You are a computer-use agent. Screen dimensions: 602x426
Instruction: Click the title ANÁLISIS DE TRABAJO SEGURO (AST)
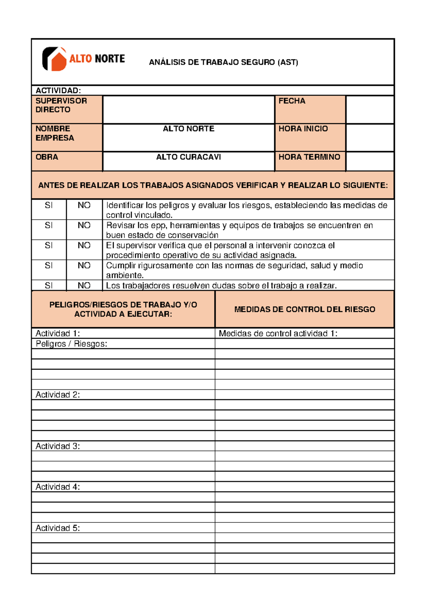(223, 62)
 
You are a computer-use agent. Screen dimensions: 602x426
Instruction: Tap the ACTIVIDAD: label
(58, 91)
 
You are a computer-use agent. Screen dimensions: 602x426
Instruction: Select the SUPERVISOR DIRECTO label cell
(67, 109)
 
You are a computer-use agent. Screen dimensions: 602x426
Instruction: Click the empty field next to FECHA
(370, 109)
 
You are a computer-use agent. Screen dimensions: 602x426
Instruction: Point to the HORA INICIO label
(303, 129)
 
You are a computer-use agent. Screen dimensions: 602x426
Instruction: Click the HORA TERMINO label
(309, 157)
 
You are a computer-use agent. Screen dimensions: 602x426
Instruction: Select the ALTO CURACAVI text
(189, 157)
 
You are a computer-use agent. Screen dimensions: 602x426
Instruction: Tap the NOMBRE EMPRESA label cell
(67, 137)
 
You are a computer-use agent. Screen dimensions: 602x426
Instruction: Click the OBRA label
(47, 157)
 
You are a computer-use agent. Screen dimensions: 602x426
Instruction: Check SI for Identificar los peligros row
(49, 206)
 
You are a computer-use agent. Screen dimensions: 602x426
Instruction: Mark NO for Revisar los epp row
(84, 225)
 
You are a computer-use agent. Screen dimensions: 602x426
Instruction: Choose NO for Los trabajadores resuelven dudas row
(84, 285)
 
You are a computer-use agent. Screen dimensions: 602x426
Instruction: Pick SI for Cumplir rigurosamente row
(49, 266)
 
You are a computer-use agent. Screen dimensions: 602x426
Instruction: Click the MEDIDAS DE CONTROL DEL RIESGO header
(305, 309)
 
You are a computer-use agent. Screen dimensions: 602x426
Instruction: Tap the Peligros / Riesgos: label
(71, 344)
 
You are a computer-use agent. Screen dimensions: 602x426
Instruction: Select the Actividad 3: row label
(58, 446)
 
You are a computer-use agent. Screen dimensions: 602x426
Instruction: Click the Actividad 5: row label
(58, 528)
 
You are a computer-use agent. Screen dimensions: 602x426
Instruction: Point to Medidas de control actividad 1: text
(278, 333)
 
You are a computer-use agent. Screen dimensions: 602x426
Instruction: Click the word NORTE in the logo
(110, 59)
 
